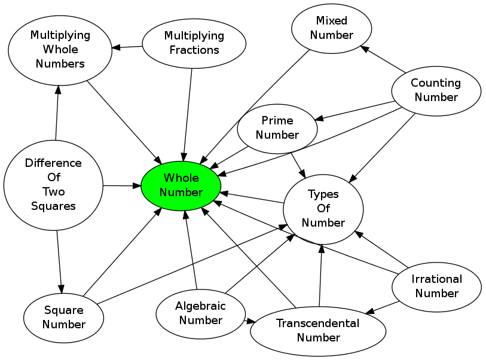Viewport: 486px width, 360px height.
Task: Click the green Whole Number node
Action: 181,185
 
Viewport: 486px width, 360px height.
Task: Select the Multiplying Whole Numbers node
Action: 60,49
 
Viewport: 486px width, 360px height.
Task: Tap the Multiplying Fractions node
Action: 194,43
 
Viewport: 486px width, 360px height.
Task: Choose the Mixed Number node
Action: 332,28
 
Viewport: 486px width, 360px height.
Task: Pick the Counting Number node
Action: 436,90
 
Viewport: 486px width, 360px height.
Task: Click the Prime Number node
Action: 277,128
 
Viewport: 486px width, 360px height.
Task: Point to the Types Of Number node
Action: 323,208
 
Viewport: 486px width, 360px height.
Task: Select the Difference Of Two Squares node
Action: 53,184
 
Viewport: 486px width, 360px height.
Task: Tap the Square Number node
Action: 64,317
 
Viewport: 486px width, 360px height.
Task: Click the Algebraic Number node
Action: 200,313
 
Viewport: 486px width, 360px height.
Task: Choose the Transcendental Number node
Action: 318,330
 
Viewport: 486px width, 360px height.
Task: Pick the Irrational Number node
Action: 436,286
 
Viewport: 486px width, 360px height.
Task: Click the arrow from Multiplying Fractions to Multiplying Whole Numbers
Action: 127,47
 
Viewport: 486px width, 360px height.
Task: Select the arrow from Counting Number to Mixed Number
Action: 383,60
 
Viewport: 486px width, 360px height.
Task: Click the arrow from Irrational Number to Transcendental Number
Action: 383,307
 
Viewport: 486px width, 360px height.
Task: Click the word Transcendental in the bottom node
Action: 317,324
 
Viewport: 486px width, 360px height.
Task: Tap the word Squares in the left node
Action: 53,206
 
